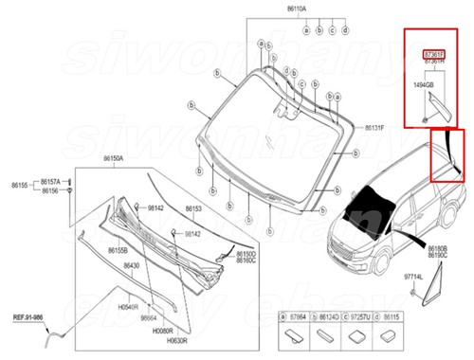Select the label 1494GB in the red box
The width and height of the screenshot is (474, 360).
tap(424, 86)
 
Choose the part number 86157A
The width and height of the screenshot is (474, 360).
tap(48, 181)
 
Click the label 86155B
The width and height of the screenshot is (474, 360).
tap(118, 249)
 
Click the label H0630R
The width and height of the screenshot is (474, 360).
tap(177, 340)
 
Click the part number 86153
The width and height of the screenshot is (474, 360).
tap(193, 207)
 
